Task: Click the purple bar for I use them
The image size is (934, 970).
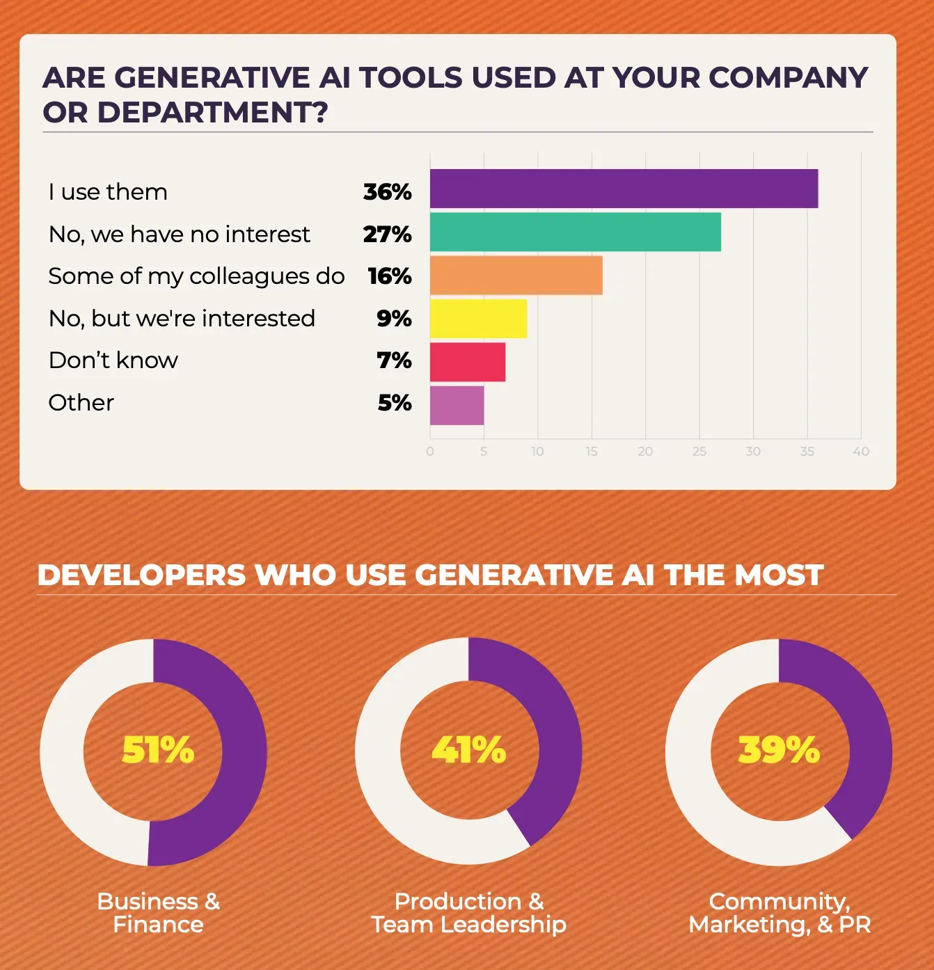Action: click(624, 189)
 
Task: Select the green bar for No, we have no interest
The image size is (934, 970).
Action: click(575, 232)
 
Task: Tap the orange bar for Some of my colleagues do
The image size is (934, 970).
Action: click(516, 276)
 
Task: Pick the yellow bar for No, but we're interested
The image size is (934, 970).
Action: click(478, 318)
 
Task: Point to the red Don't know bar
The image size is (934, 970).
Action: click(467, 362)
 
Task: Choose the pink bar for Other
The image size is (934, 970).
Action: click(457, 405)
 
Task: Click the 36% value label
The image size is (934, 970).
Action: click(387, 192)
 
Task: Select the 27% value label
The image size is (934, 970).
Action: click(387, 234)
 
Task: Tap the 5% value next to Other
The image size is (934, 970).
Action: click(395, 403)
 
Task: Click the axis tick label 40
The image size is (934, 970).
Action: click(861, 452)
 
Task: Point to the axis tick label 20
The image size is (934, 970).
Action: click(645, 452)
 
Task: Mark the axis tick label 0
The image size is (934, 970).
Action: click(430, 452)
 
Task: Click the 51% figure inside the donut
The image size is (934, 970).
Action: click(158, 750)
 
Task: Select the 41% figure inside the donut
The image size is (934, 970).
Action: click(468, 750)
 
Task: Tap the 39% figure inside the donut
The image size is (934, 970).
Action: click(779, 750)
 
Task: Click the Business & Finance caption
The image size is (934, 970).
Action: click(159, 912)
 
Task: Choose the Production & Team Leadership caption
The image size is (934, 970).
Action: click(468, 912)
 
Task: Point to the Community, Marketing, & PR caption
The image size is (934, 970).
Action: click(779, 912)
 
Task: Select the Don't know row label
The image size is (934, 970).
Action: click(113, 360)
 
